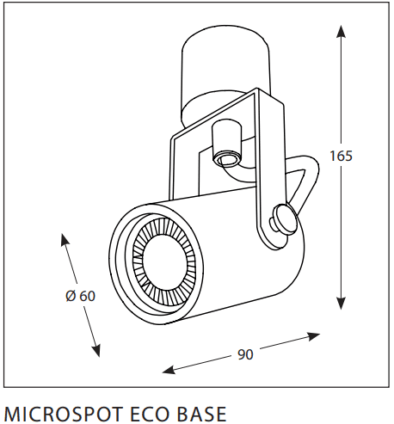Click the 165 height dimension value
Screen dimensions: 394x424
click(x=341, y=156)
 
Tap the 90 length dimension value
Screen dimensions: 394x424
click(x=245, y=354)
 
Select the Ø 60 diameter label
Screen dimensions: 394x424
click(x=80, y=296)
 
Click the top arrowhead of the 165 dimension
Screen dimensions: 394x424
click(x=341, y=31)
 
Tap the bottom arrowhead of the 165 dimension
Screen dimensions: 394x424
click(x=341, y=304)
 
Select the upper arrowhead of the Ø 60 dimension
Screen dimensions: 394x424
click(x=65, y=240)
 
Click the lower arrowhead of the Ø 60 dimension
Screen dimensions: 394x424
click(x=96, y=351)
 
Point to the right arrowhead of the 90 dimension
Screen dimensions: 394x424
click(x=313, y=336)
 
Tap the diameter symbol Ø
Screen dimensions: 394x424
click(x=71, y=296)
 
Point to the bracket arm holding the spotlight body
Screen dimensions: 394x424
click(x=268, y=172)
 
